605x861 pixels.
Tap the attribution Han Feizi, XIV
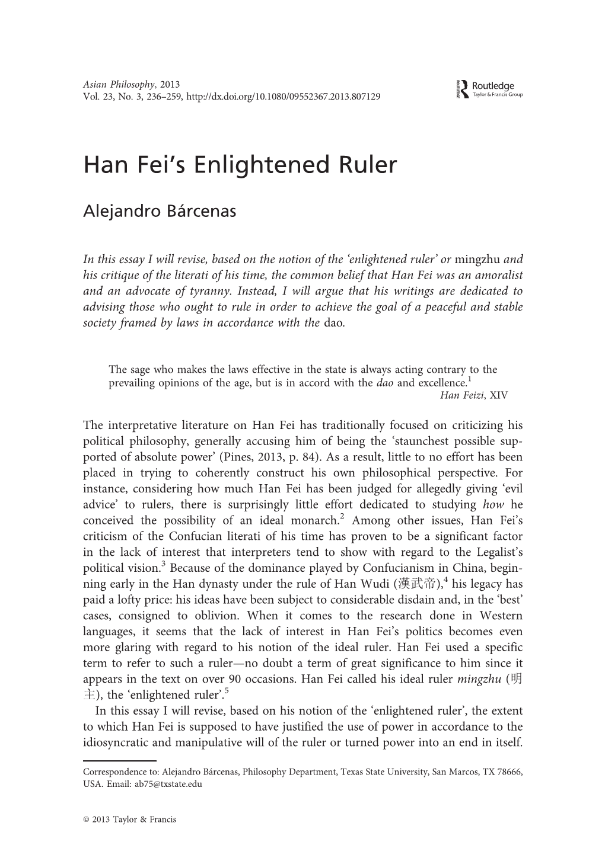pos(473,395)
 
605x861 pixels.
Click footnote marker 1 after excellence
pos(469,379)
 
